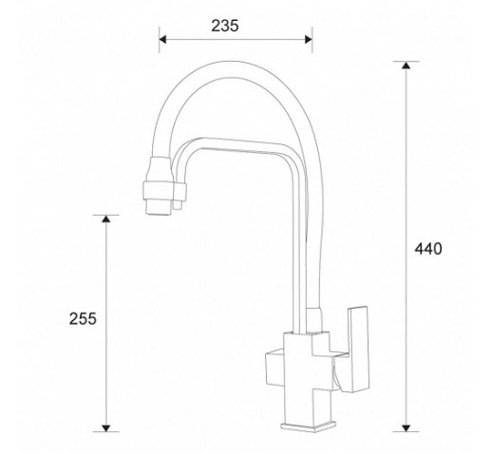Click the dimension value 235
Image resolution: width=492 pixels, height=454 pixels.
225,26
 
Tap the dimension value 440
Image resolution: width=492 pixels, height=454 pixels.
428,249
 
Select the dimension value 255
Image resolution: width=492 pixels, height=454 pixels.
83,318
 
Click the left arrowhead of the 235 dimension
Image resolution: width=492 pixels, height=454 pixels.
162,40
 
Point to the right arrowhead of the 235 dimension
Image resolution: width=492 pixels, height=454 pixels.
309,40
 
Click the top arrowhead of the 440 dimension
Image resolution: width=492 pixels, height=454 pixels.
406,65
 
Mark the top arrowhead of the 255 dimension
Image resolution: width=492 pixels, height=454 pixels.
106,218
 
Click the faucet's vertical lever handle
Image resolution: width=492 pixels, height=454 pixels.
358,349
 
